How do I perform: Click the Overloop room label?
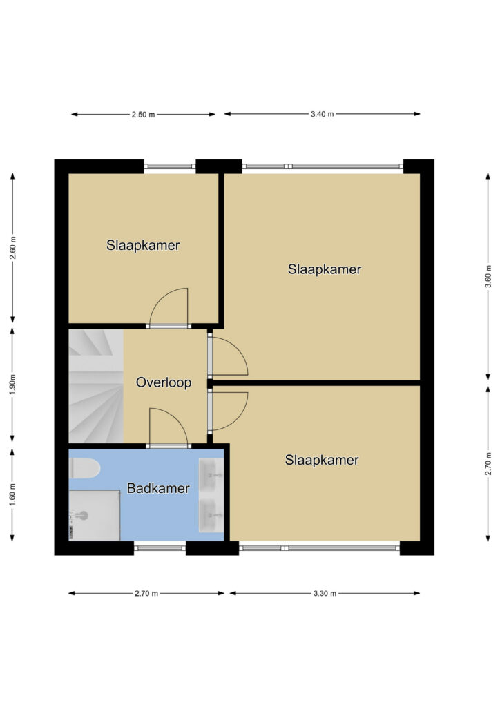pyautogui.click(x=164, y=382)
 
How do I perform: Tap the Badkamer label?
pyautogui.click(x=158, y=488)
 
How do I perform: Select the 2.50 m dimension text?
pyautogui.click(x=144, y=115)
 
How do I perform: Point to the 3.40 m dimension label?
pyautogui.click(x=322, y=114)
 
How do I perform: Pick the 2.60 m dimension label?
pyautogui.click(x=12, y=249)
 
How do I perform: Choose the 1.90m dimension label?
pyautogui.click(x=12, y=385)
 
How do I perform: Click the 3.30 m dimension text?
pyautogui.click(x=325, y=593)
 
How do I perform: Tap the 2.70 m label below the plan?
pyautogui.click(x=146, y=593)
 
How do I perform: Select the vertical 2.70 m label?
pyautogui.click(x=488, y=463)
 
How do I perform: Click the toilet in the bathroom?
pyautogui.click(x=85, y=469)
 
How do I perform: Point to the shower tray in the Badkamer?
pyautogui.click(x=94, y=515)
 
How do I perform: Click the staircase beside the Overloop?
pyautogui.click(x=96, y=386)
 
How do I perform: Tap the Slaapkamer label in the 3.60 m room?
pyautogui.click(x=325, y=270)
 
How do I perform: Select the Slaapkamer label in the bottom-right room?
pyautogui.click(x=322, y=460)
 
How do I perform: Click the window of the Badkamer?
pyautogui.click(x=160, y=548)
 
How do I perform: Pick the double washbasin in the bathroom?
pyautogui.click(x=211, y=495)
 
